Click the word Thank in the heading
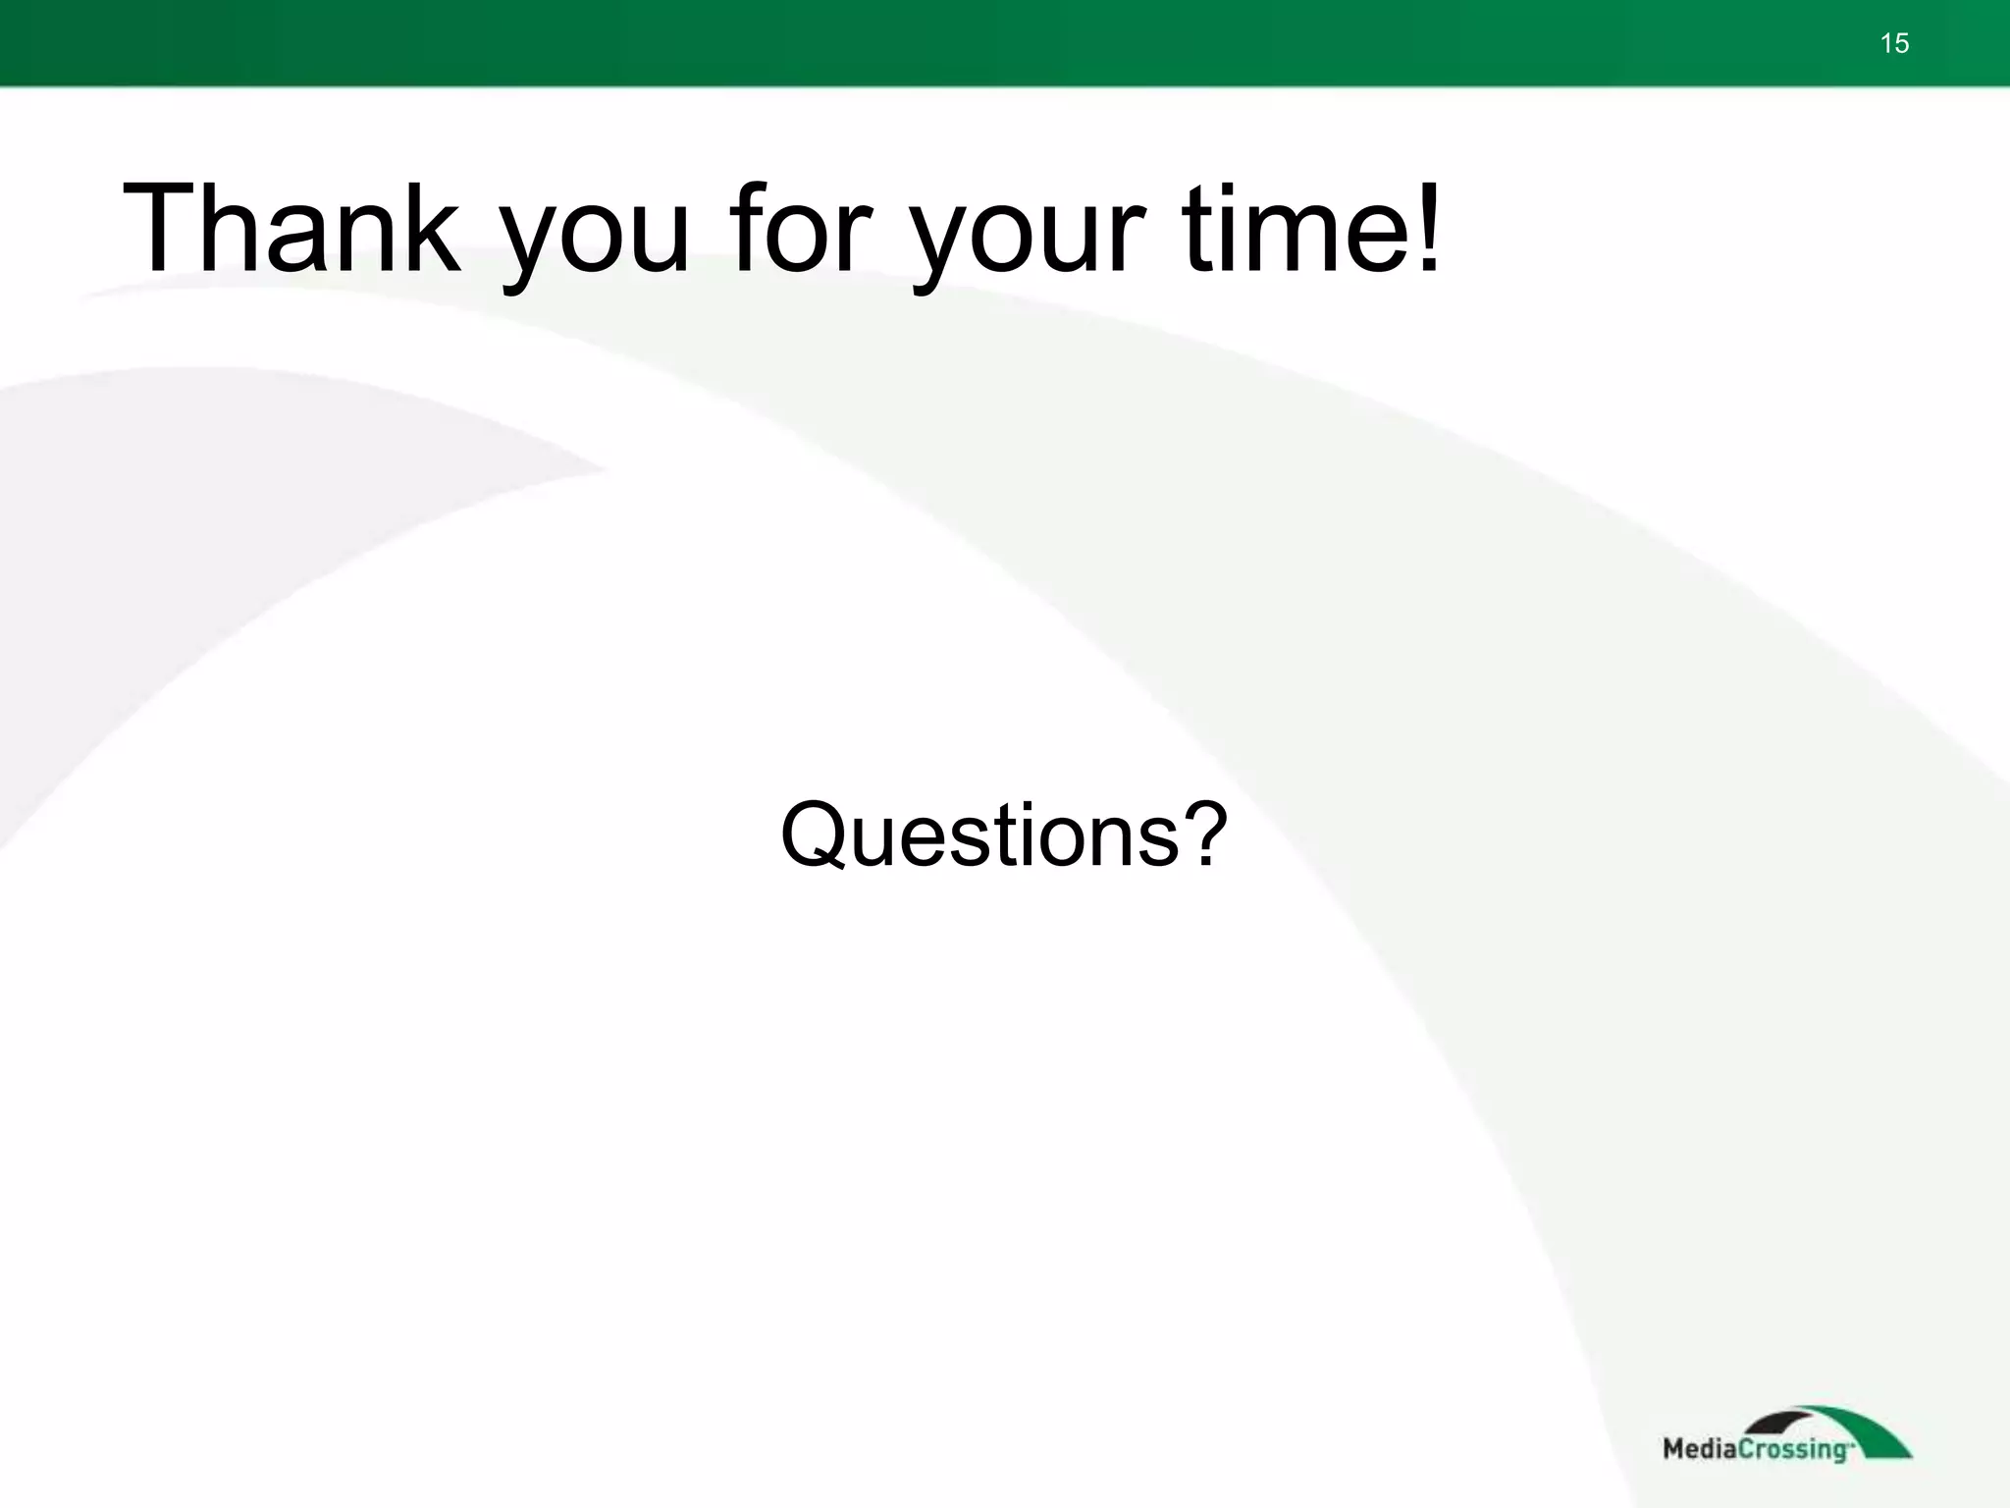coord(291,228)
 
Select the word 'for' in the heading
coord(801,228)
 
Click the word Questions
coord(979,835)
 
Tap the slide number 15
coord(1894,43)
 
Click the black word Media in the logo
coord(1701,1448)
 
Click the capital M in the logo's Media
coord(1675,1448)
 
